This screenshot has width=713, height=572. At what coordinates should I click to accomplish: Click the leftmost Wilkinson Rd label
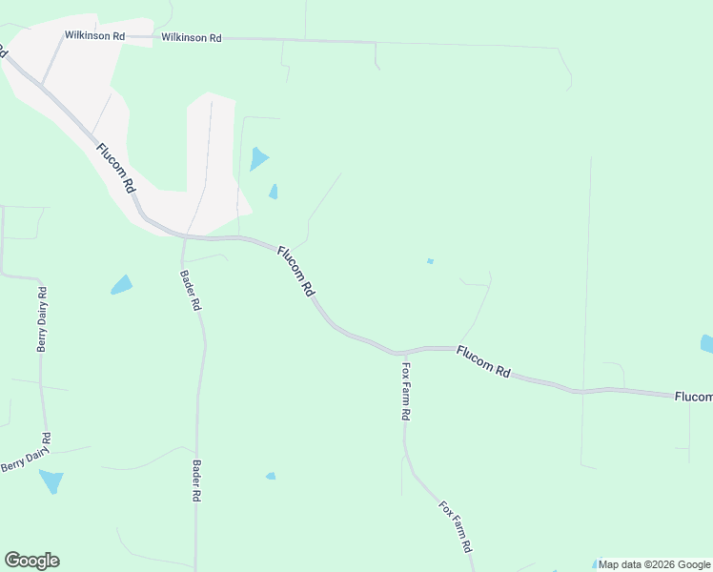pos(94,35)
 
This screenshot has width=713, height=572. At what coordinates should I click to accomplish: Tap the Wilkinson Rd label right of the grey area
pos(192,38)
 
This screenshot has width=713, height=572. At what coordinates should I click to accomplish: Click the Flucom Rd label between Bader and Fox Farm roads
pos(295,272)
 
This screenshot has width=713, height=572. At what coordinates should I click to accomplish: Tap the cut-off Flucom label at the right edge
pos(693,397)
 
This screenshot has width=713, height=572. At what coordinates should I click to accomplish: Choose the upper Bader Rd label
pos(190,292)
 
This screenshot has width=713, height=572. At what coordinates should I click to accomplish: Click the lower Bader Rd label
pos(197,482)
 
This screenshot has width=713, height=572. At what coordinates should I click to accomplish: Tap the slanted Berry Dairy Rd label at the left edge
pos(26,452)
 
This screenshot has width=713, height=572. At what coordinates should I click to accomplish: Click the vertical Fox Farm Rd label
pos(405,391)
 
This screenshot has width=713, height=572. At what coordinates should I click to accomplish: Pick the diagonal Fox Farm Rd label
pos(456,526)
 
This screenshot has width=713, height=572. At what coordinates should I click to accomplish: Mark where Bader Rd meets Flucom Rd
pos(183,236)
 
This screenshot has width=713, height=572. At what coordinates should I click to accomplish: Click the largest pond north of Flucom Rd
pos(257,158)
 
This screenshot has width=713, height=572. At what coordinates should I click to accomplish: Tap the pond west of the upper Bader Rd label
pos(121,284)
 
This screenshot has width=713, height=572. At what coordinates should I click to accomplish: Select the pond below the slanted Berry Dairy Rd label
pos(51,480)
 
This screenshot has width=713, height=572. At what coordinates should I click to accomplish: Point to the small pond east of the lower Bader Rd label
pos(271,476)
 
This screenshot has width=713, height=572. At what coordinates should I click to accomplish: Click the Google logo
pos(31,561)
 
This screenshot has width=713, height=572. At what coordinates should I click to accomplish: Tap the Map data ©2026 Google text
pos(654,564)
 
